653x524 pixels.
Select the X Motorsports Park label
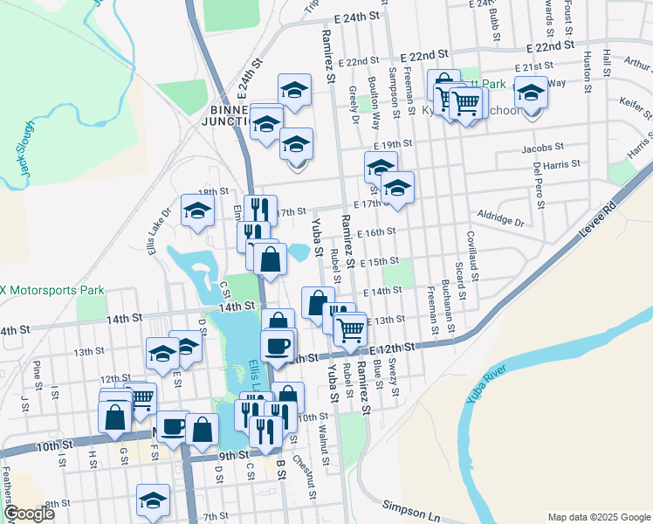(52, 291)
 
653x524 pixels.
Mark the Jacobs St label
(542, 148)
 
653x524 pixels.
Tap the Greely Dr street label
(354, 99)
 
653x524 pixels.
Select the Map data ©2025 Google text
(598, 517)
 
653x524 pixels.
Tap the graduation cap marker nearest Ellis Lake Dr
(198, 210)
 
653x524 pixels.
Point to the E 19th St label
(392, 145)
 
